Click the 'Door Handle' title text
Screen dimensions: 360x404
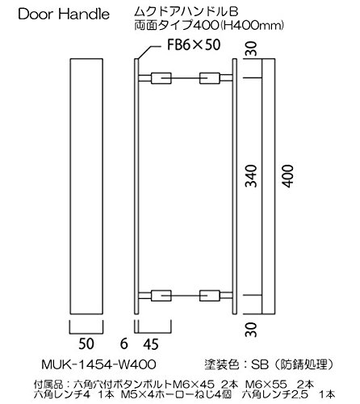(x=64, y=14)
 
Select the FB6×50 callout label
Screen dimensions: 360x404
(x=194, y=45)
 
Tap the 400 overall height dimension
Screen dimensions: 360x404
(x=288, y=176)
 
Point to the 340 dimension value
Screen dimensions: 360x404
(x=252, y=176)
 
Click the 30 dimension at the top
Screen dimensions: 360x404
(x=252, y=48)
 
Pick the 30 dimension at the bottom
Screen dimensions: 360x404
(x=252, y=330)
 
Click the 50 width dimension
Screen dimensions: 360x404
(x=86, y=344)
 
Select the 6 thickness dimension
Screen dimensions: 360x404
(x=124, y=344)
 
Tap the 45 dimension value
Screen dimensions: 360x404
(x=151, y=344)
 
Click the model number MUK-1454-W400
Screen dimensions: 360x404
(x=98, y=365)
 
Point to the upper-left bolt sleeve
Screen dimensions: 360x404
(x=161, y=78)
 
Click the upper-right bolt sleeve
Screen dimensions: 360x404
(x=210, y=78)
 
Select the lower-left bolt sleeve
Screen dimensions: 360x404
(x=161, y=296)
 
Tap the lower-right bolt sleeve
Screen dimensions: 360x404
(x=210, y=296)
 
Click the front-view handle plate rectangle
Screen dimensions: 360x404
(x=86, y=187)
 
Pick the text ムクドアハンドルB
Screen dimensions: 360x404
(x=186, y=12)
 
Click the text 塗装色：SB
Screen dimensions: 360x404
(x=237, y=365)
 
